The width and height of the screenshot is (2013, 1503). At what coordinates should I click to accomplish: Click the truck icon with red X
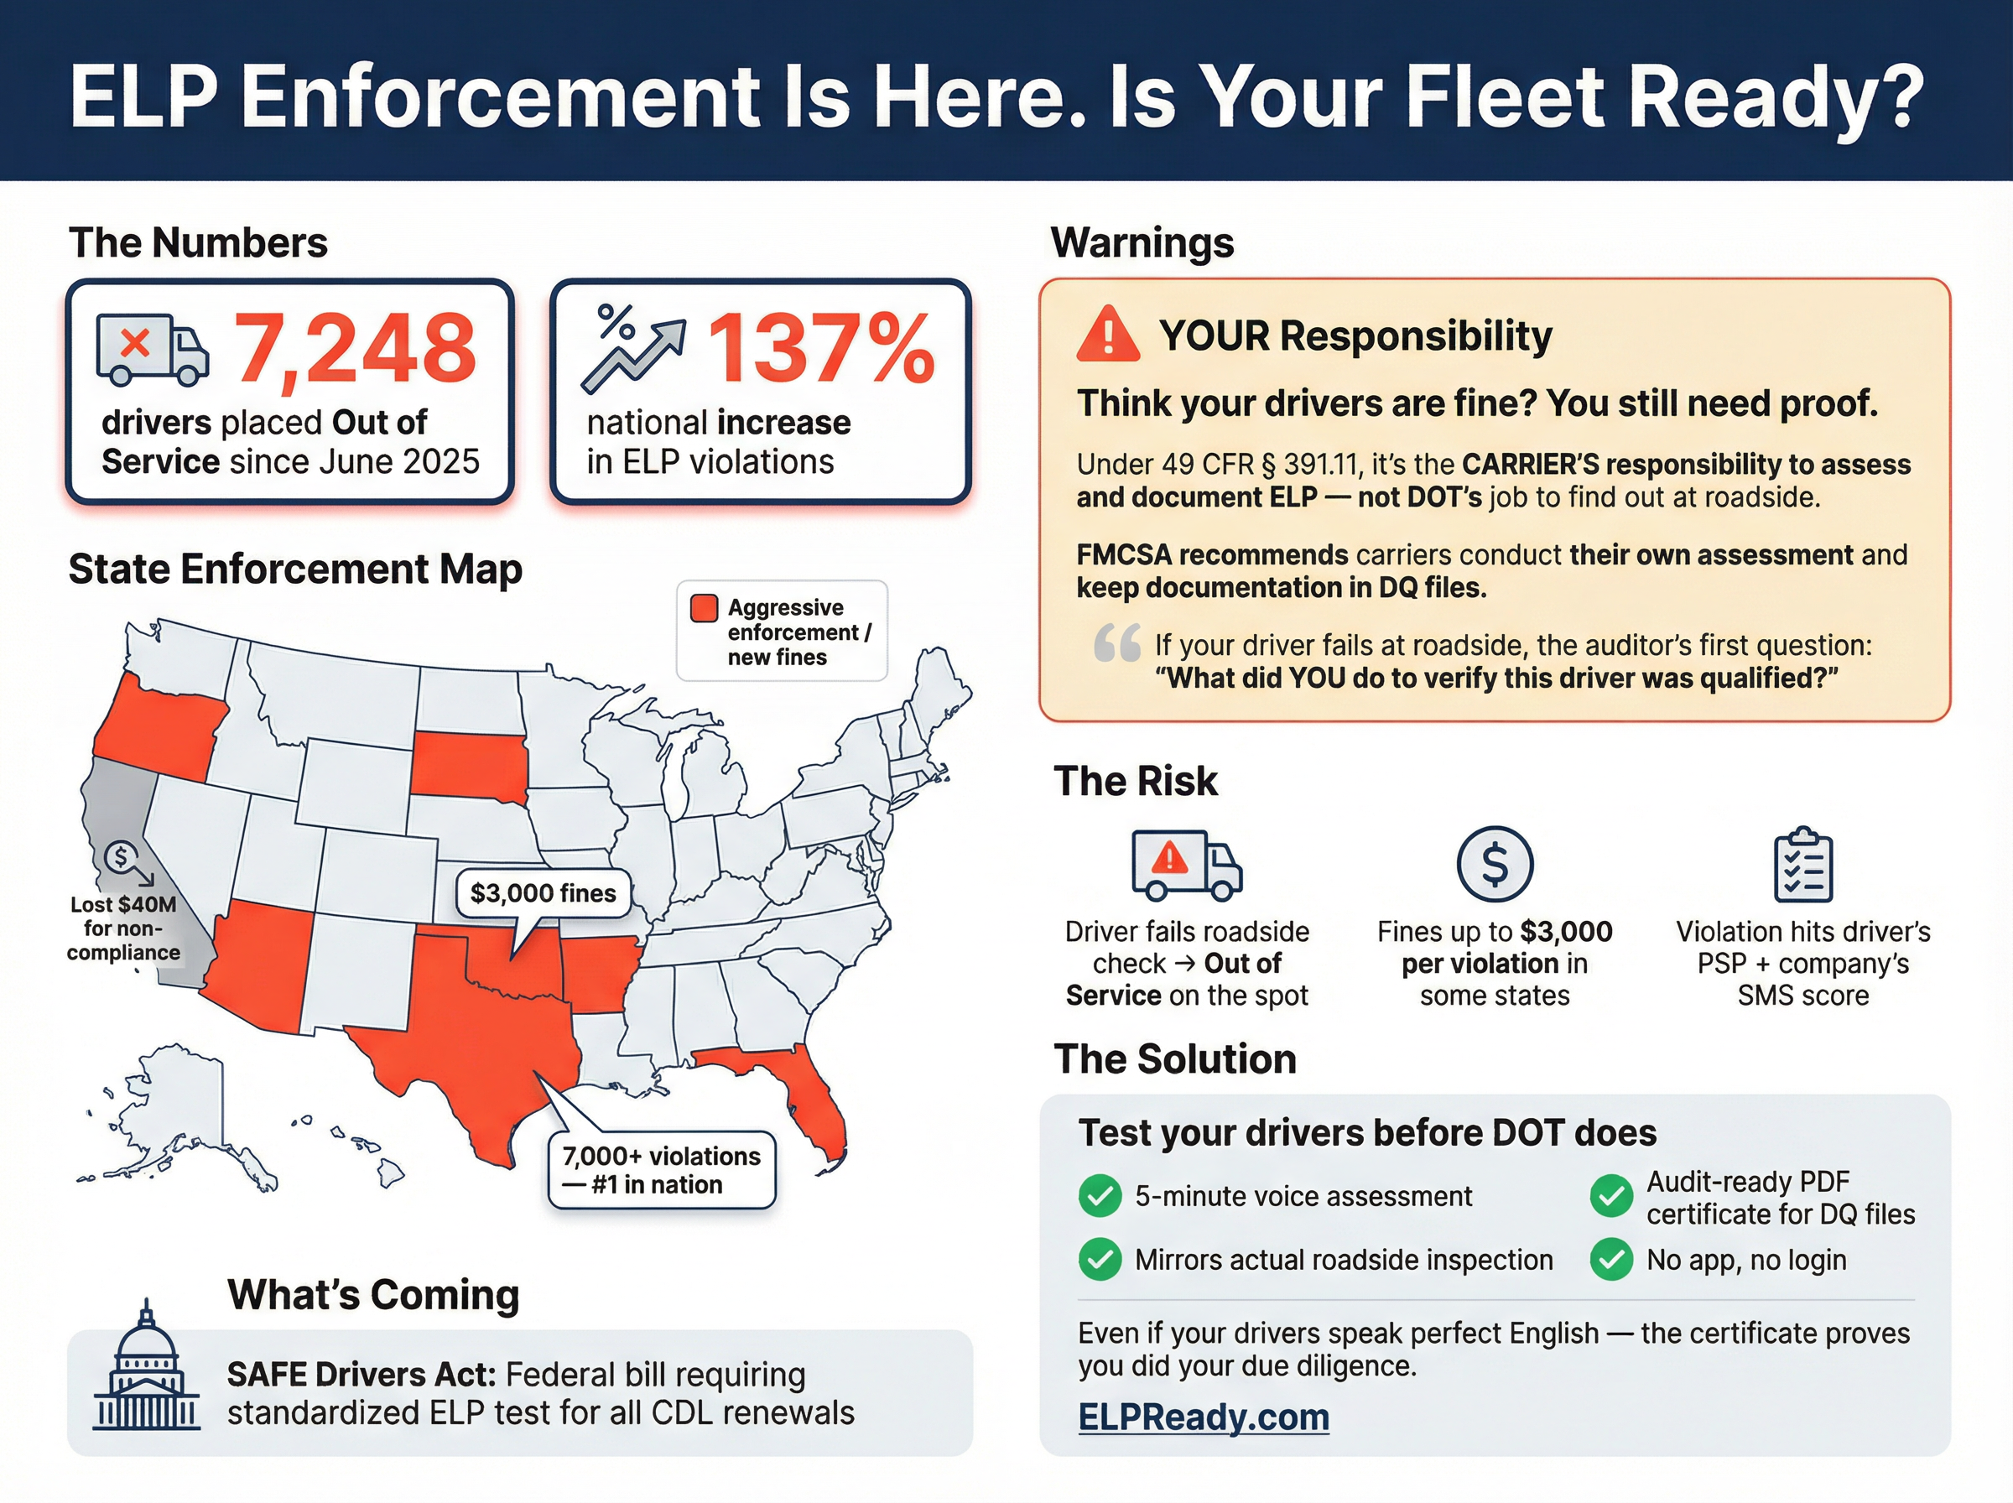152,351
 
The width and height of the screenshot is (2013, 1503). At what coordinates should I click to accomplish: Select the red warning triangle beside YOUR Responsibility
1107,335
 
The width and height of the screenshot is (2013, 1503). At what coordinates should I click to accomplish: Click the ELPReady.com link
1203,1417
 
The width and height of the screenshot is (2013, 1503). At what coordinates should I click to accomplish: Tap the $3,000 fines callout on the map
543,893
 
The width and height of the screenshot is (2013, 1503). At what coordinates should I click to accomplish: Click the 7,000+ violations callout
661,1170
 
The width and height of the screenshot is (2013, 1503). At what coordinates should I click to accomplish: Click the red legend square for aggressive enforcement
703,608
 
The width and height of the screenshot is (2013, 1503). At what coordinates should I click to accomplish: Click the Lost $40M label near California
123,928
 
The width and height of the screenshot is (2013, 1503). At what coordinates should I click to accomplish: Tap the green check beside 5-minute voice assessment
1099,1195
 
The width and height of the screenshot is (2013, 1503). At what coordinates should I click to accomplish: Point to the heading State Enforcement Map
294,569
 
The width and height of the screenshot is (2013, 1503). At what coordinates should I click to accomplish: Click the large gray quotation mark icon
1116,643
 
